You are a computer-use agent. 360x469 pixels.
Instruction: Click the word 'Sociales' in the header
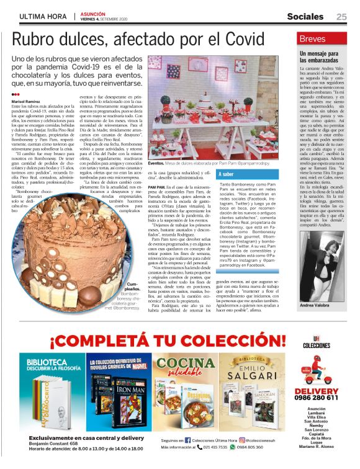pyautogui.click(x=308, y=17)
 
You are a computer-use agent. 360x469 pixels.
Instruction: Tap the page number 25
pyautogui.click(x=341, y=17)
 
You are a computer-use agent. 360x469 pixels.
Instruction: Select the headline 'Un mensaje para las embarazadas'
pyautogui.click(x=317, y=59)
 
